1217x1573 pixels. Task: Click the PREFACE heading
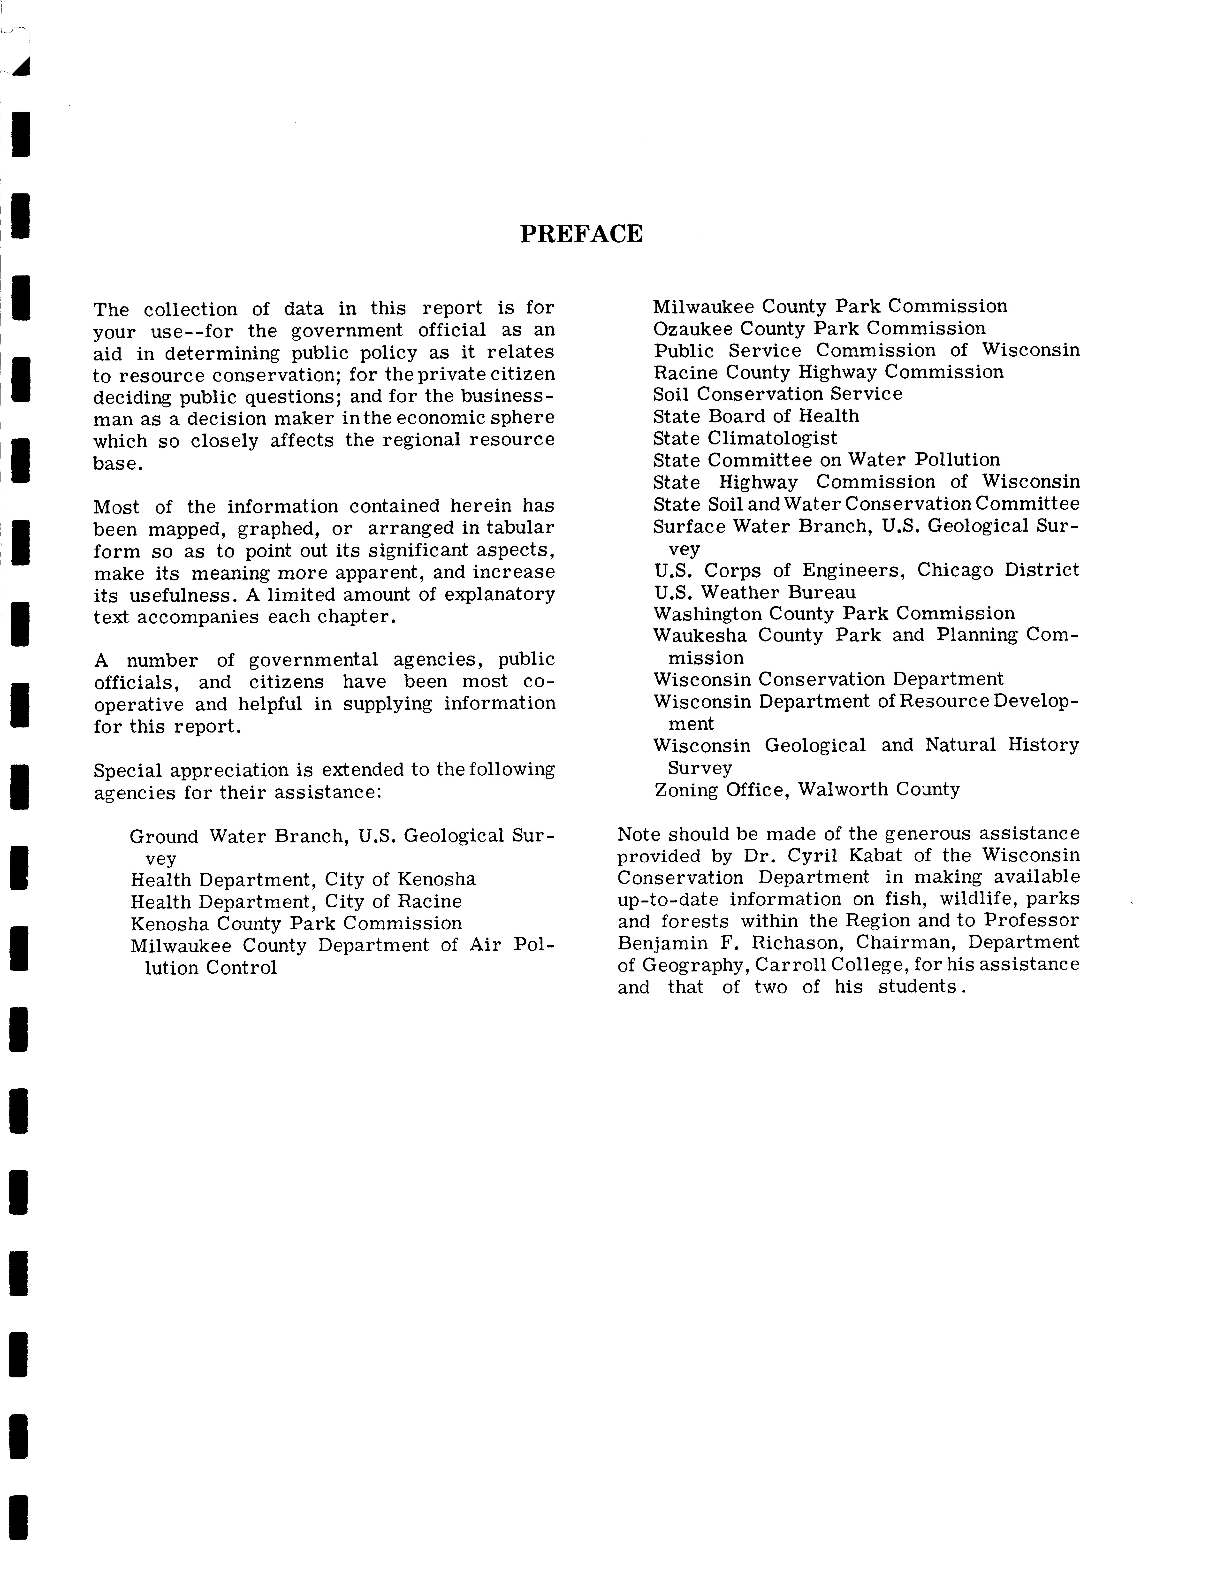(581, 234)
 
